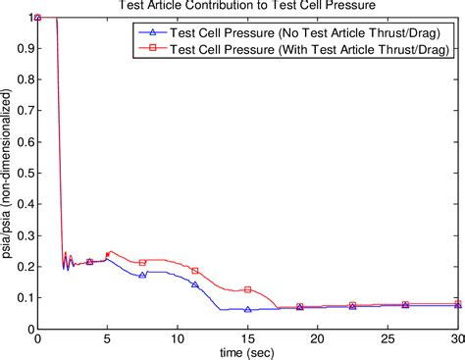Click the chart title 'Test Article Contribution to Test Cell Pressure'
[x=247, y=6]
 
